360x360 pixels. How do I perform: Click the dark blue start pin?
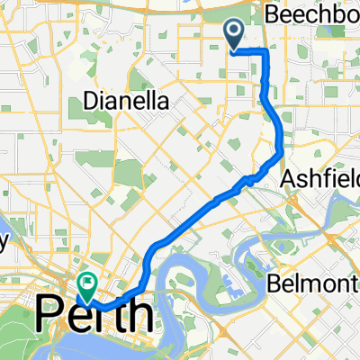[233, 35]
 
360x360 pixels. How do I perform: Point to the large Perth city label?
[93, 316]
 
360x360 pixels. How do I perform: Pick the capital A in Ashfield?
[288, 177]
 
